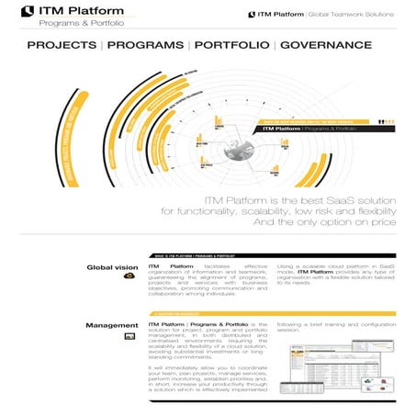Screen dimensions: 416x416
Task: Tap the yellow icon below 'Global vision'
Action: click(129, 277)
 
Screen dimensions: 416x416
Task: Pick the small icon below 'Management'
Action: click(130, 337)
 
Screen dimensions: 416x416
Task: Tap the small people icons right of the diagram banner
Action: click(379, 119)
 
